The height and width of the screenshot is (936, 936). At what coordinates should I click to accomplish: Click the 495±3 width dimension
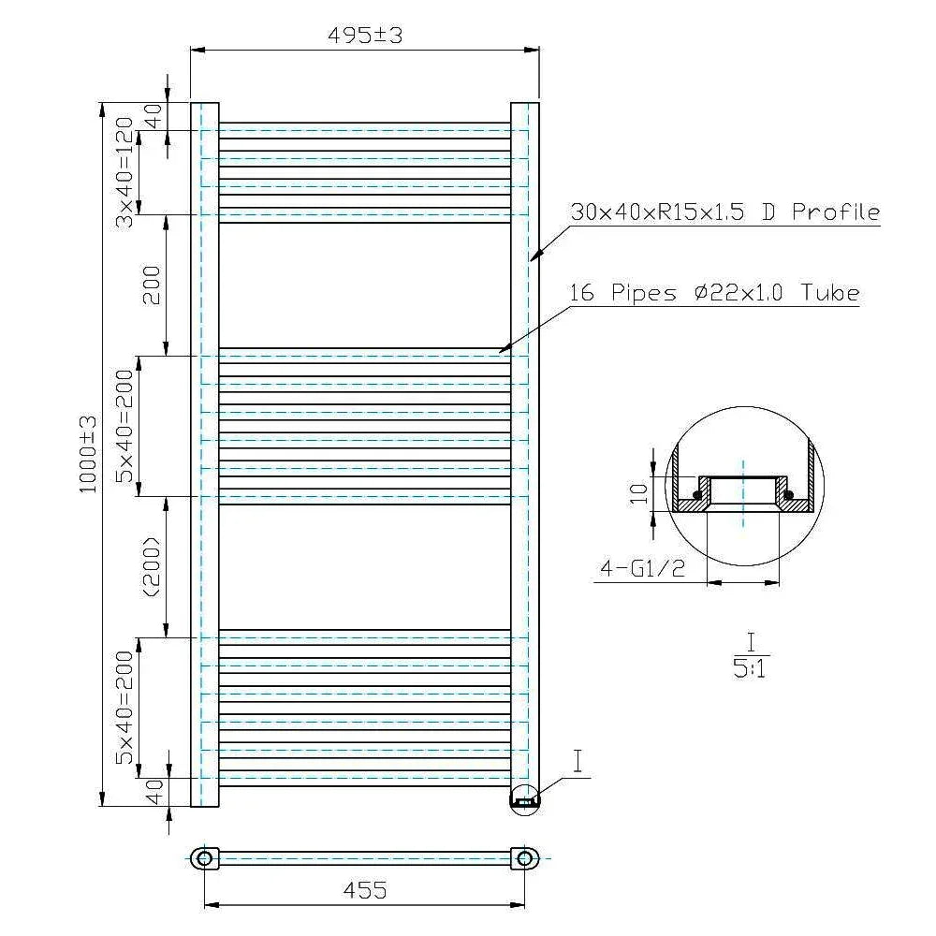point(365,36)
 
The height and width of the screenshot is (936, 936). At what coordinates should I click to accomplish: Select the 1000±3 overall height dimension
point(88,455)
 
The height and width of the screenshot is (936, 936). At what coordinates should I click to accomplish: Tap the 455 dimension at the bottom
point(365,890)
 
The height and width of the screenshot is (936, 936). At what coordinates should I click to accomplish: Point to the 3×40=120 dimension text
point(124,172)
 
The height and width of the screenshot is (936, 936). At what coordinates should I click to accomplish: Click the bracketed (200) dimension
point(152,567)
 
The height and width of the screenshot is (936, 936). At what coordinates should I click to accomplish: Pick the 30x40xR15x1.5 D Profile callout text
point(725,212)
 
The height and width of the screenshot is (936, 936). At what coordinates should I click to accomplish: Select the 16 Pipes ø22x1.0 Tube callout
point(714,292)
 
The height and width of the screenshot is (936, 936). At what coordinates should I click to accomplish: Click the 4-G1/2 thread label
point(642,568)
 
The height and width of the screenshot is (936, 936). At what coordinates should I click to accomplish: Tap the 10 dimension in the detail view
point(638,493)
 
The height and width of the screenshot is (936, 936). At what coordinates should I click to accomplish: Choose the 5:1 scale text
point(749,669)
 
